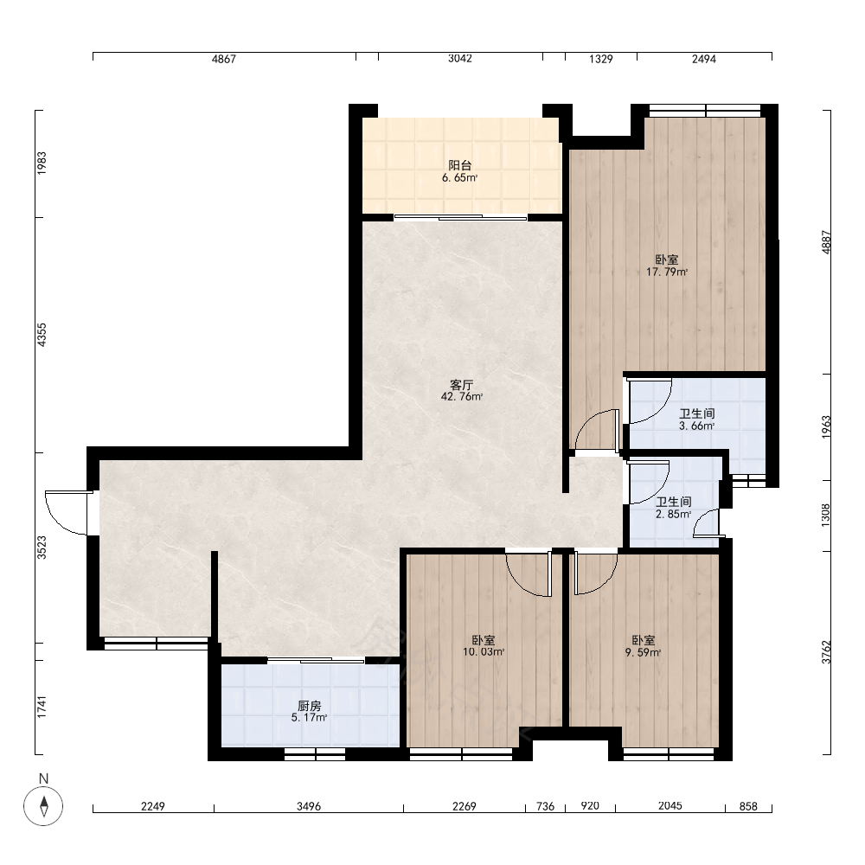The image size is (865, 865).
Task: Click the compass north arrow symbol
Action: [43, 806]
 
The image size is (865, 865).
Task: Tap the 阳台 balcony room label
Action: [459, 165]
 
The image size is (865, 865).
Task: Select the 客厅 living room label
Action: [461, 385]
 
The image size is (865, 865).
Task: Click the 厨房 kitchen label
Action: [309, 706]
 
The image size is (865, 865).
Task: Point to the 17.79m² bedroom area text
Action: [666, 272]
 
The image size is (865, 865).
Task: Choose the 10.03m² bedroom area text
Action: [484, 652]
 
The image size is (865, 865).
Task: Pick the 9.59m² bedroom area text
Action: [643, 652]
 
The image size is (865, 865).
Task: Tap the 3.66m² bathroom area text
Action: [696, 426]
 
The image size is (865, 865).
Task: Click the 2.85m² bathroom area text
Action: [673, 514]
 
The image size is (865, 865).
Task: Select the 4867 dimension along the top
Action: [223, 59]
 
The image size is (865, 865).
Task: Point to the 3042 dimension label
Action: [459, 59]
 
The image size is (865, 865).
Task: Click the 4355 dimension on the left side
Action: [42, 335]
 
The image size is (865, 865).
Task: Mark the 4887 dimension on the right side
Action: [826, 241]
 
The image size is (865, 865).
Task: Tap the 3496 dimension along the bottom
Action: [309, 806]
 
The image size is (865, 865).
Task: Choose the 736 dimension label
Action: [545, 806]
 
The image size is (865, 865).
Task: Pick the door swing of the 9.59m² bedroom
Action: [596, 573]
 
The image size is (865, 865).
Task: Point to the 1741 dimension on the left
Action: [42, 708]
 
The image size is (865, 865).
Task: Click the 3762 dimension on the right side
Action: [826, 652]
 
